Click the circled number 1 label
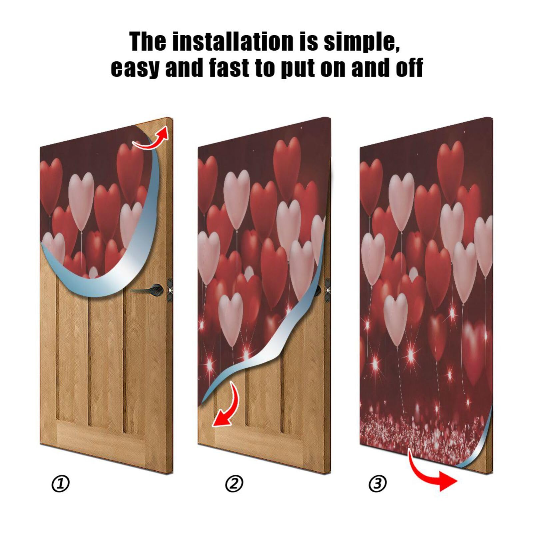[60, 484]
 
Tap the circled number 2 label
[234, 484]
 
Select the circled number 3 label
[377, 483]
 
